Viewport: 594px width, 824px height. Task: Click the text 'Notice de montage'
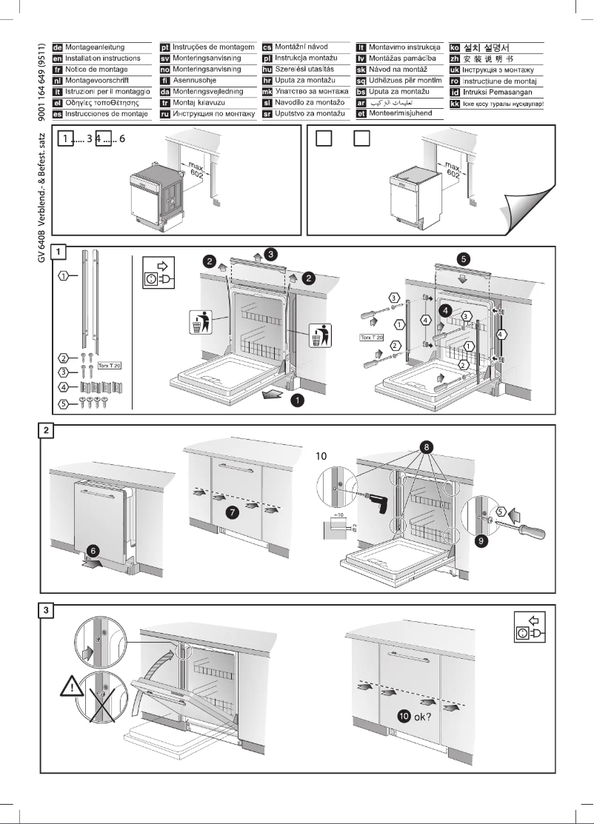coord(97,69)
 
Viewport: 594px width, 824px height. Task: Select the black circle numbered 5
coord(464,260)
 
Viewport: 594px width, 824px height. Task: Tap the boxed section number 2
coord(46,430)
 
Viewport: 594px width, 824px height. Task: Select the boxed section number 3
coord(46,610)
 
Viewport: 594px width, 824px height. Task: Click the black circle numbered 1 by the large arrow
coord(296,400)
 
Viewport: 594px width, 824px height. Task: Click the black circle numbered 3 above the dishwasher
coord(271,255)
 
